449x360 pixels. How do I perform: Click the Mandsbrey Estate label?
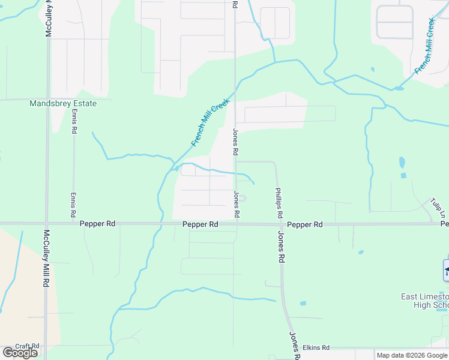click(x=63, y=103)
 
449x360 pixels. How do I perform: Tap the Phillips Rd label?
click(x=279, y=203)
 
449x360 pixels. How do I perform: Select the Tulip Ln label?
click(x=439, y=208)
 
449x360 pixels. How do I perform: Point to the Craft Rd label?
click(x=27, y=346)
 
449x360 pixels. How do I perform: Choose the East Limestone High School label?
click(x=424, y=301)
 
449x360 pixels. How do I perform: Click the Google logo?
click(x=20, y=353)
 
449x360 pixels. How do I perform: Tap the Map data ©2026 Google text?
click(x=412, y=355)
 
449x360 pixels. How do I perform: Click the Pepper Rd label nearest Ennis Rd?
click(x=97, y=224)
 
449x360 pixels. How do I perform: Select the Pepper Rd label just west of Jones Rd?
click(x=200, y=224)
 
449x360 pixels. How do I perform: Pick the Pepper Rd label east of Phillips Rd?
click(x=305, y=224)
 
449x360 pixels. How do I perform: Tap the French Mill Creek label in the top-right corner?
click(x=424, y=46)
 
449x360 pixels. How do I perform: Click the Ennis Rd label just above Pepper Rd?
click(x=73, y=205)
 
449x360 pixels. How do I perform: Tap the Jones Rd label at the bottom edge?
click(x=295, y=346)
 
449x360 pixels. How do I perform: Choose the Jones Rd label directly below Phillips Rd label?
click(x=280, y=247)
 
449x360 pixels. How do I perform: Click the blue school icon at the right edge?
click(x=446, y=270)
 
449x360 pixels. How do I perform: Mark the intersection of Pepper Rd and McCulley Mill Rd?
click(x=47, y=224)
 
